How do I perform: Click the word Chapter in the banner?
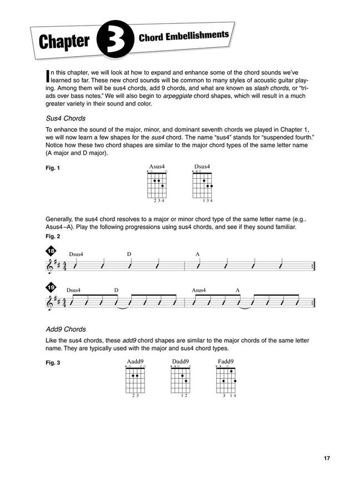tap(64, 43)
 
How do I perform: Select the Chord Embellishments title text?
tap(183, 37)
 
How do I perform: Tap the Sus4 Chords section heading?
tap(66, 118)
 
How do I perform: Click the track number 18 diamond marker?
tap(51, 252)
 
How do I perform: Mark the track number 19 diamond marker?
tap(51, 288)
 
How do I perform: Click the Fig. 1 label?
tap(53, 167)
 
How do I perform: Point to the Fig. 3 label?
tap(53, 363)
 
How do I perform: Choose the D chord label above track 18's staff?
tap(129, 254)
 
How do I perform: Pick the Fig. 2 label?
tap(53, 236)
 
